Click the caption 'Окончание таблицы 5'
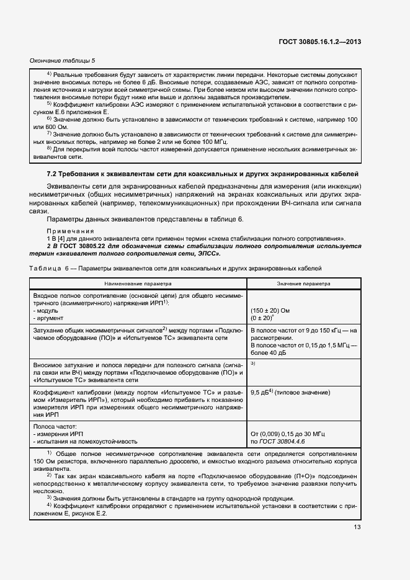pyautogui.click(x=63, y=60)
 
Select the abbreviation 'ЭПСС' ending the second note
pyautogui.click(x=207, y=254)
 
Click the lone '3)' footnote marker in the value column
pyautogui.click(x=253, y=363)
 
